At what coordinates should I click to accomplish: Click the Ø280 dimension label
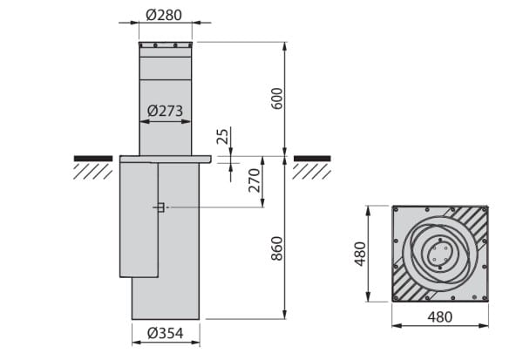(164, 15)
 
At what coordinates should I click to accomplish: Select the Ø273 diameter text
(165, 111)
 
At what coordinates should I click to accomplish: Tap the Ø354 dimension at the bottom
(166, 333)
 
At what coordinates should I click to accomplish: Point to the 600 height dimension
(277, 98)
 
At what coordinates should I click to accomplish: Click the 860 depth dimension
(277, 248)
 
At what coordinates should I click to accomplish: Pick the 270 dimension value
(255, 180)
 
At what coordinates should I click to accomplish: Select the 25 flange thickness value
(222, 136)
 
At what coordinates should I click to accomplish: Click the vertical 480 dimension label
(360, 254)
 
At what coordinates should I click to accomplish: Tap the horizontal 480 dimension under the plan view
(440, 317)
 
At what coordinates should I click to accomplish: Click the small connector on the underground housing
(160, 207)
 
